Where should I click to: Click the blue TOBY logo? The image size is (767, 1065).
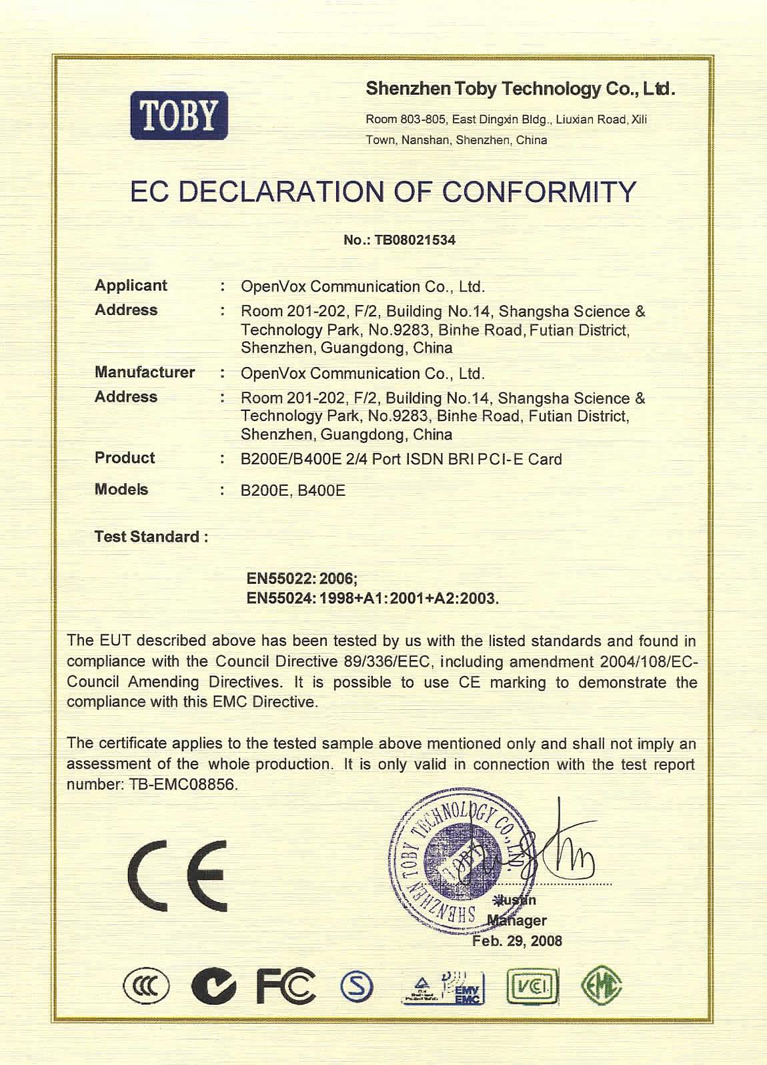[179, 115]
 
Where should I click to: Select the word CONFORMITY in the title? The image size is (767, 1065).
[540, 192]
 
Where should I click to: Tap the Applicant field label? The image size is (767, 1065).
[131, 286]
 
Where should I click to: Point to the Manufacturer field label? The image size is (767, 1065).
[145, 372]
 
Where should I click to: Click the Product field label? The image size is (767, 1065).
[125, 458]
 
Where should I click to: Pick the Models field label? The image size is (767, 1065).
[121, 489]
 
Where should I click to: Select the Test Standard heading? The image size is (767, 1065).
[151, 537]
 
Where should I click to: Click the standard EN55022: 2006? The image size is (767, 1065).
[302, 579]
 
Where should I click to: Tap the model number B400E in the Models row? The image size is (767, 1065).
[321, 491]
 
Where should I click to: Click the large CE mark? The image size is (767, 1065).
[177, 876]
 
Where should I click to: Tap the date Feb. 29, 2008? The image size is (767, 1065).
[517, 941]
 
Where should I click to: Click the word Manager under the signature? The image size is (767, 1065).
[517, 921]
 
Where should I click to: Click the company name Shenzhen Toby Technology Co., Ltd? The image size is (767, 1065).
[520, 89]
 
